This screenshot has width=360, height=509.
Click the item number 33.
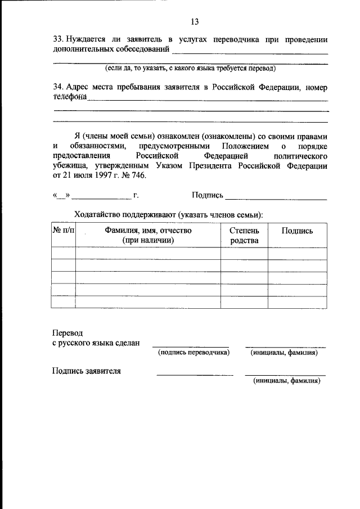pyautogui.click(x=57, y=40)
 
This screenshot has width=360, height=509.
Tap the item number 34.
pyautogui.click(x=57, y=88)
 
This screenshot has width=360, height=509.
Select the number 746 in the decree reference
pyautogui.click(x=138, y=175)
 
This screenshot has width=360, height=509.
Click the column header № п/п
pyautogui.click(x=63, y=231)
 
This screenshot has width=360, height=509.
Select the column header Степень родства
pyautogui.click(x=244, y=236)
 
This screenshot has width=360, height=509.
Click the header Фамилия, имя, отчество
pyautogui.click(x=148, y=231)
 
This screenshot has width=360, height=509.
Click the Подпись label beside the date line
pyautogui.click(x=207, y=195)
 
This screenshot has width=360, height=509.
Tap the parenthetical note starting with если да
pyautogui.click(x=191, y=69)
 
